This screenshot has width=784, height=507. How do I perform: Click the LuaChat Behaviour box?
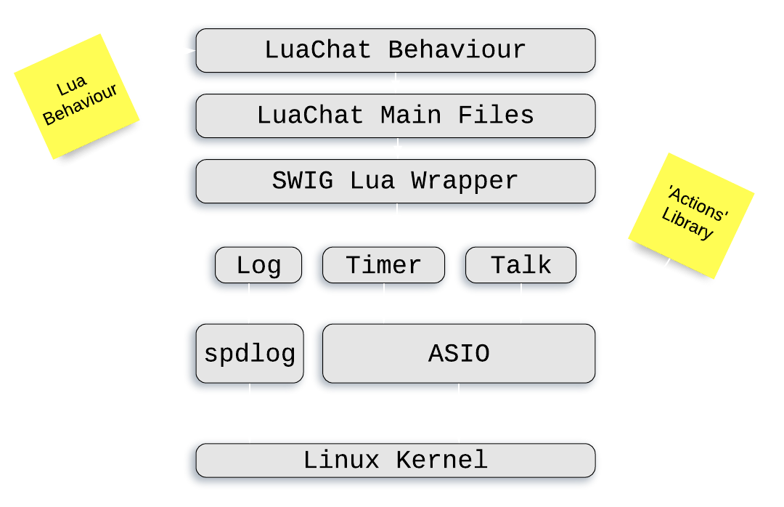tap(395, 51)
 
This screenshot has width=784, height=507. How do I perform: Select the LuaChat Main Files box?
tap(395, 115)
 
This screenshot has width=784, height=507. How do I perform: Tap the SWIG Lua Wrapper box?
tap(395, 181)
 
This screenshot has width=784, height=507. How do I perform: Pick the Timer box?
tap(383, 265)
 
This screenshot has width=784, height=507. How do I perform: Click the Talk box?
tap(520, 265)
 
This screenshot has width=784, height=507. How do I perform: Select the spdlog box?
tap(249, 354)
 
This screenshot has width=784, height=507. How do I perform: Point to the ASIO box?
tap(459, 354)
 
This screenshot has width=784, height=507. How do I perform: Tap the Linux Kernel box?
tap(395, 460)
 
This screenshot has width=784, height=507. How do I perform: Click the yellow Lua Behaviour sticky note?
tap(77, 97)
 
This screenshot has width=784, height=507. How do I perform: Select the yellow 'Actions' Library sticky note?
tap(691, 216)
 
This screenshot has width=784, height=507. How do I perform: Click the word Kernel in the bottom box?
tap(441, 460)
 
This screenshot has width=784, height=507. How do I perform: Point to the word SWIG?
tap(303, 181)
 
